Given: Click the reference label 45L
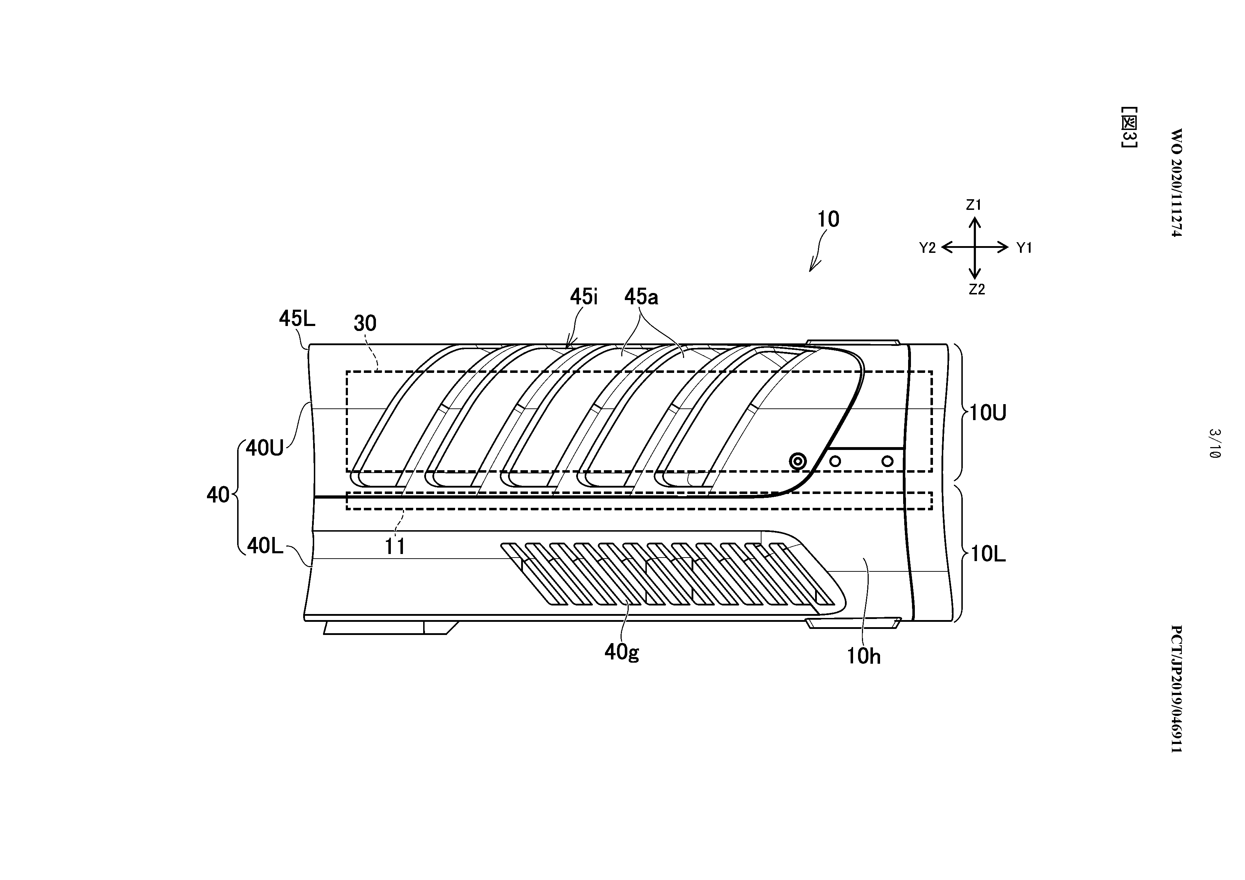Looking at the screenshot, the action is (297, 319).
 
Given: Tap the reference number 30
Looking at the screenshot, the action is (365, 324).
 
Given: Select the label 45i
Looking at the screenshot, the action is (584, 297).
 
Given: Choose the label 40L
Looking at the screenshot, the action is (265, 546).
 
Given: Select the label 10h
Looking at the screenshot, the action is (864, 657).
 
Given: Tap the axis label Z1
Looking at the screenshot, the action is (974, 205).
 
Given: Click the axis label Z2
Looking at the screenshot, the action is (977, 290).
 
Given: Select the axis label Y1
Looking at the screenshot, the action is (1024, 248).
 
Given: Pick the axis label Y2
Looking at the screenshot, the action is (928, 248).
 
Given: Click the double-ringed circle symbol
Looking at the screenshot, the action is (798, 462).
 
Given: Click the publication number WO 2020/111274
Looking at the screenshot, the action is (1175, 183).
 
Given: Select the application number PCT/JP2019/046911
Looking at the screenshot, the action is (1175, 689).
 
